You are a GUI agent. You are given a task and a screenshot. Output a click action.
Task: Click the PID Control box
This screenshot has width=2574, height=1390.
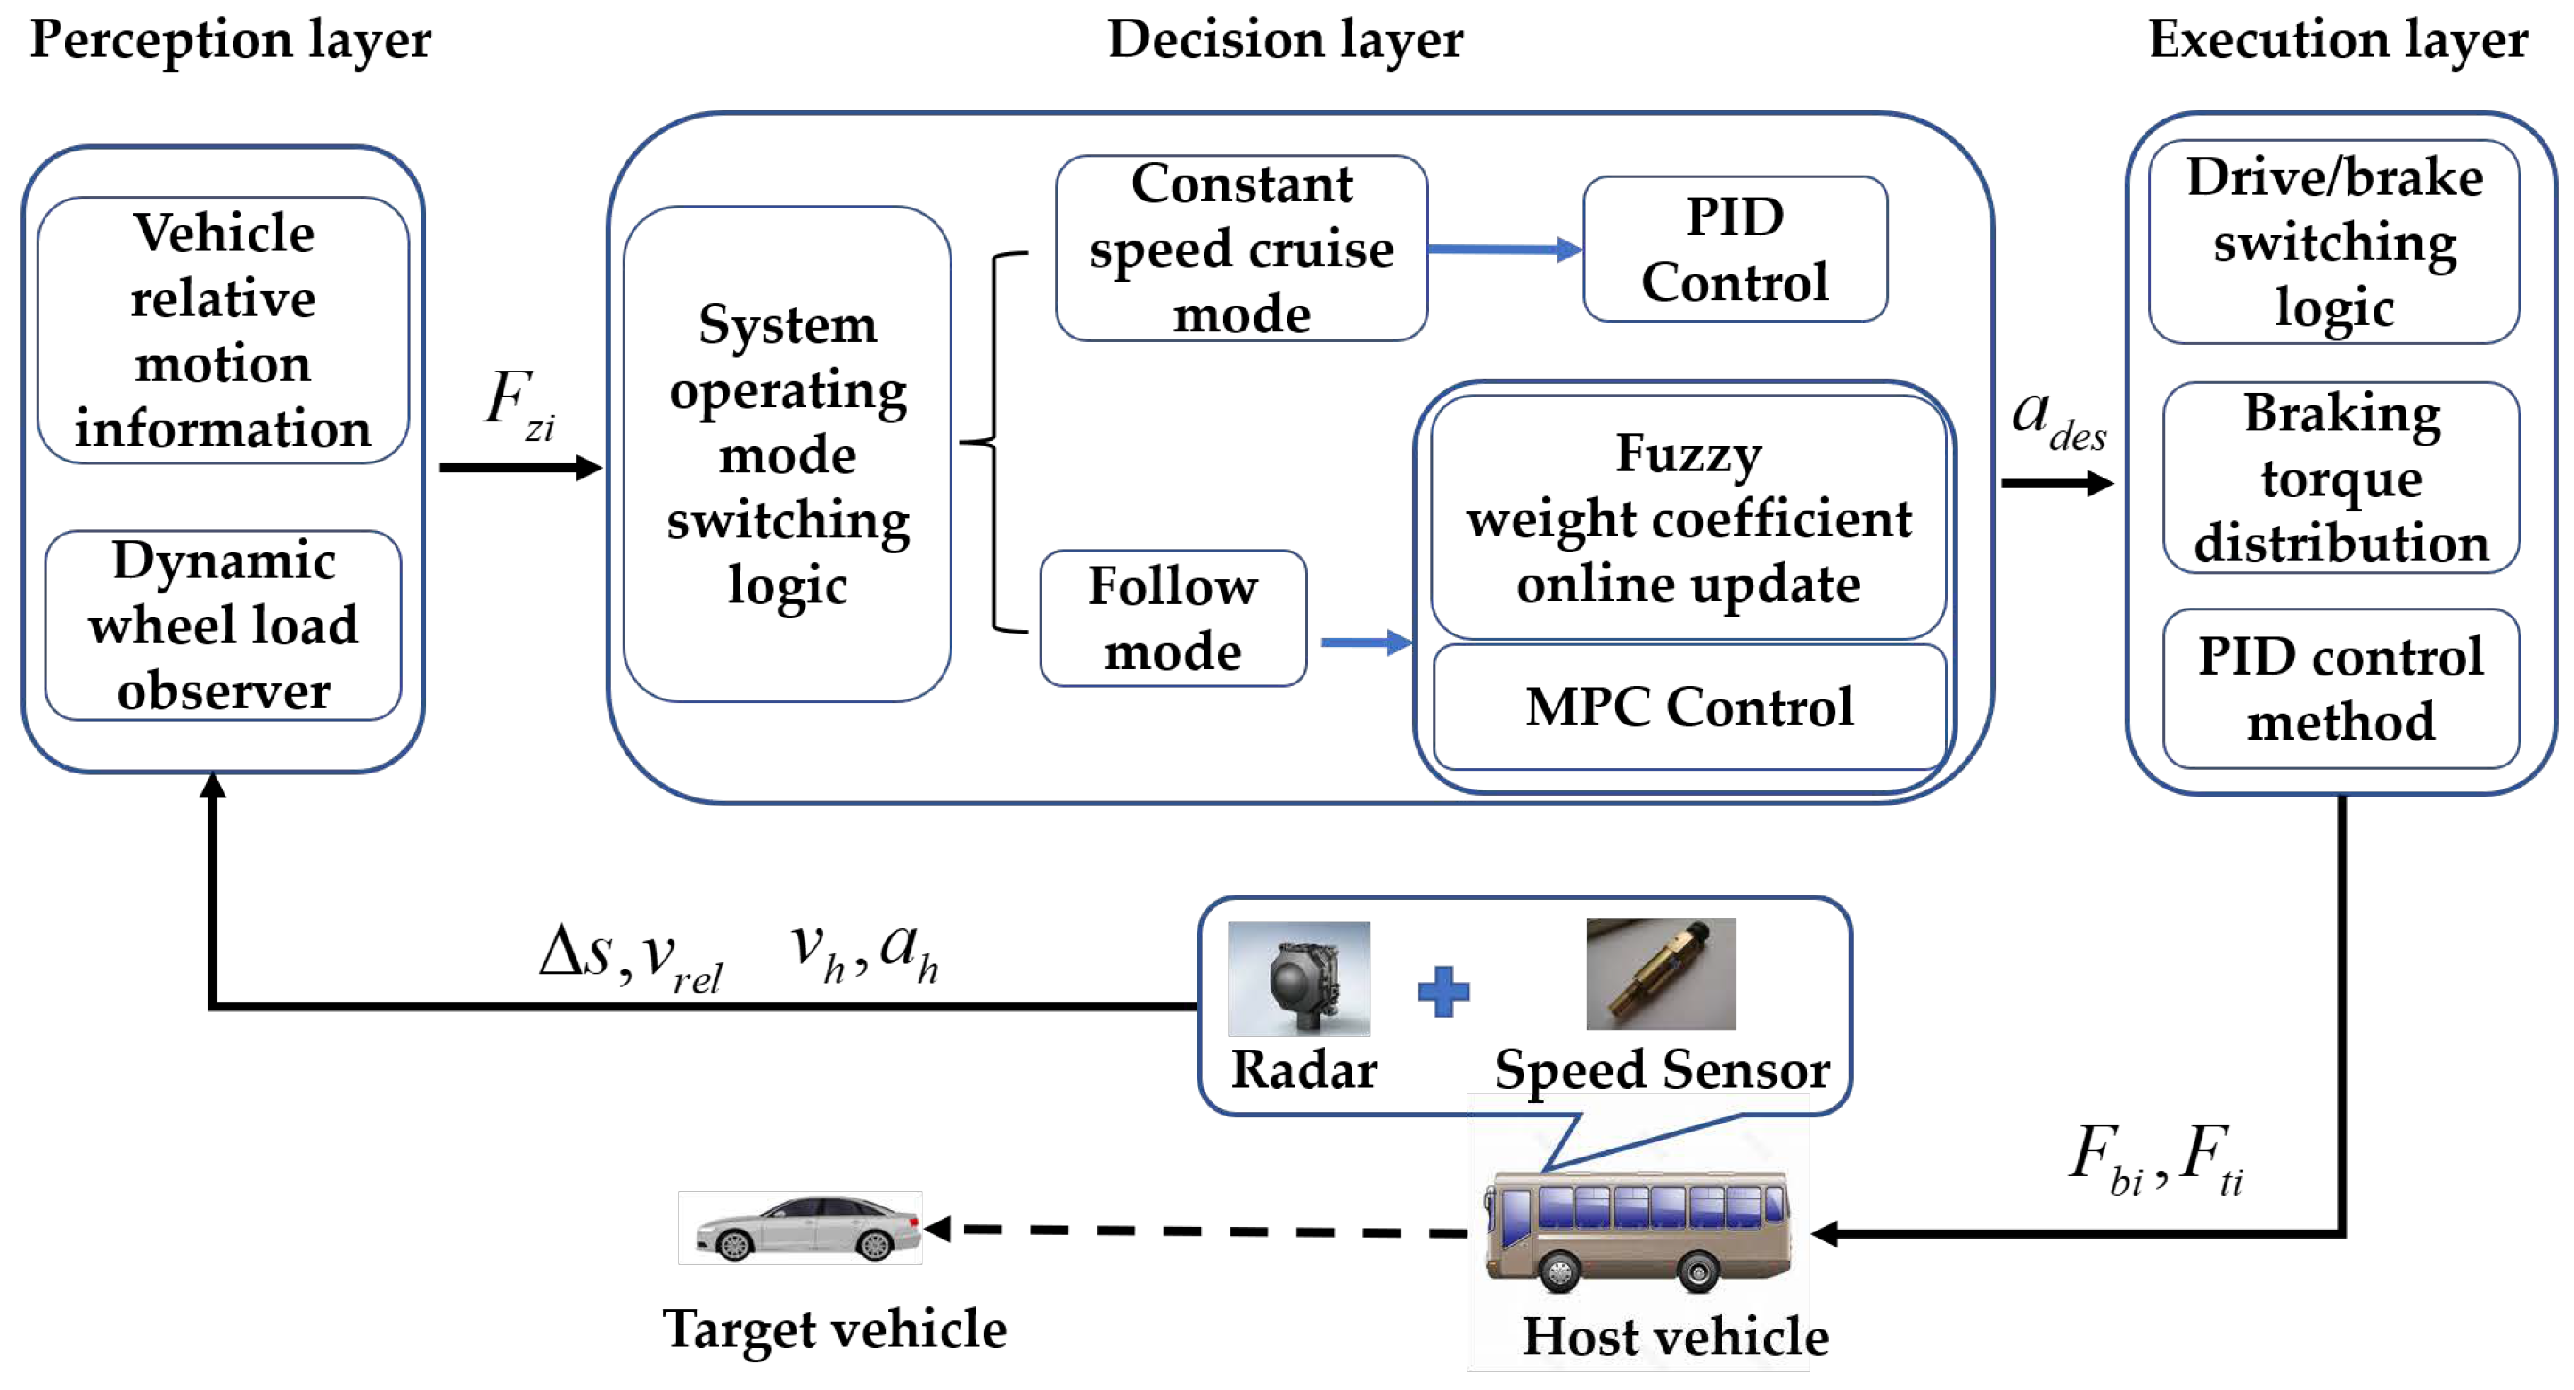[1735, 249]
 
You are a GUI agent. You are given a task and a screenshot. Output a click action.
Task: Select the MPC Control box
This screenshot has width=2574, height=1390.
[1688, 707]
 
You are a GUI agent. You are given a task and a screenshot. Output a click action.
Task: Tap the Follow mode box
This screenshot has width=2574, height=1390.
[1173, 618]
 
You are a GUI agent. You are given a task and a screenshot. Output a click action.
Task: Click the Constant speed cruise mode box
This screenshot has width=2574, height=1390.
[1241, 249]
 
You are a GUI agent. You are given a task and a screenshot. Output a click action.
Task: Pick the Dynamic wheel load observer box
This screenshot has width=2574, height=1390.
[223, 625]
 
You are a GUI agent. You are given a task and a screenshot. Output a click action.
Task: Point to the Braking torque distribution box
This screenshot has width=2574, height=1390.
[2341, 478]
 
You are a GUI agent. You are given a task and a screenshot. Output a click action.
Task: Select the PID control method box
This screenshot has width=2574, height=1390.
[2341, 690]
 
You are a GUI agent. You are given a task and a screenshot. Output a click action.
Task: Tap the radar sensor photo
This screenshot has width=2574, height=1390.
[1298, 978]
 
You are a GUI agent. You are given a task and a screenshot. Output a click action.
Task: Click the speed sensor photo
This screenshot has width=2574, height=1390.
[1661, 973]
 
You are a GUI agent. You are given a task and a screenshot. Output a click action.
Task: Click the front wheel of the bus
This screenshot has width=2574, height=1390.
[1559, 1272]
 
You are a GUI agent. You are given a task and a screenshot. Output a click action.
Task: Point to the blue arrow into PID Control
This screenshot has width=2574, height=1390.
[1504, 249]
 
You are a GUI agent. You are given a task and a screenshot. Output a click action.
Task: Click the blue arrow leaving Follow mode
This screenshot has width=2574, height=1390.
[1365, 642]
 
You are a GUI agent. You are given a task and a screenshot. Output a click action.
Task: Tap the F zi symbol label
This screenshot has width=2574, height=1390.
[519, 404]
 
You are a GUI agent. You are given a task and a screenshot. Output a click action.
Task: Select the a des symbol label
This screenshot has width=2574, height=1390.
[2057, 419]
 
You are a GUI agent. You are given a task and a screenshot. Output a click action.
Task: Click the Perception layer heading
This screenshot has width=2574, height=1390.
[230, 40]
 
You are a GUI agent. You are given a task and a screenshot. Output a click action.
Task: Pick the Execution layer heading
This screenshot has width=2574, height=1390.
[2337, 40]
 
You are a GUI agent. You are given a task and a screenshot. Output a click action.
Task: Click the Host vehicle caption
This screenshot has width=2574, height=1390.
[1675, 1336]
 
